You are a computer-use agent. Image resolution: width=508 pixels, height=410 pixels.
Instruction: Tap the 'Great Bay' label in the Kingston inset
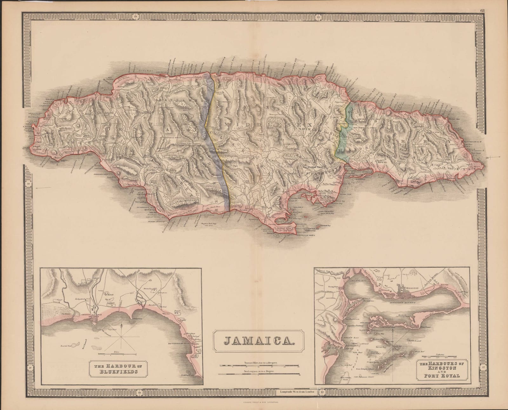(381, 339)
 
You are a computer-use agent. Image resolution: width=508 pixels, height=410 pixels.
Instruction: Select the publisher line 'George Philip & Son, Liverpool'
(254, 402)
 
